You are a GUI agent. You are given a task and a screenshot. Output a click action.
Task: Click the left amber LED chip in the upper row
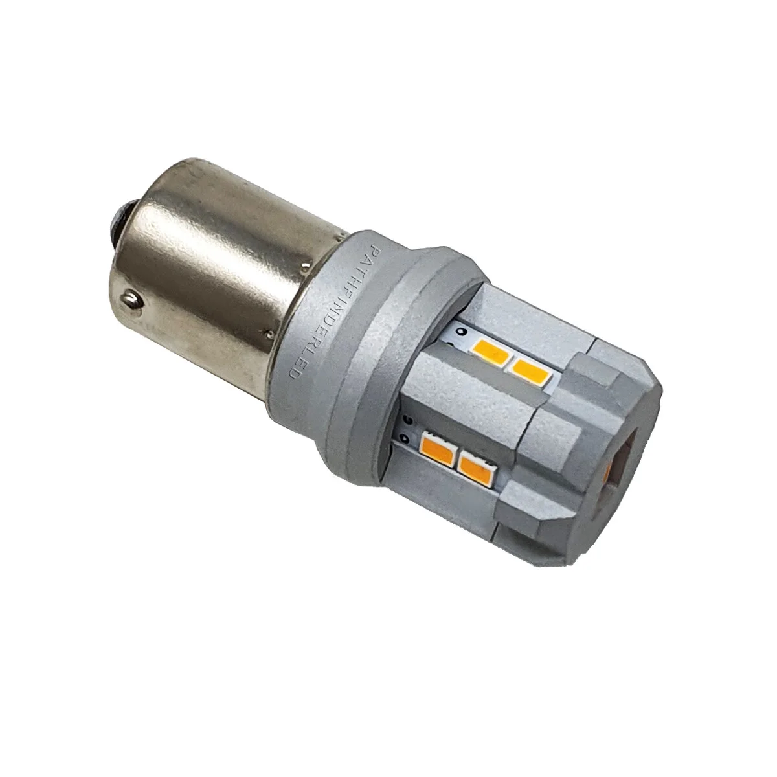[494, 353]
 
